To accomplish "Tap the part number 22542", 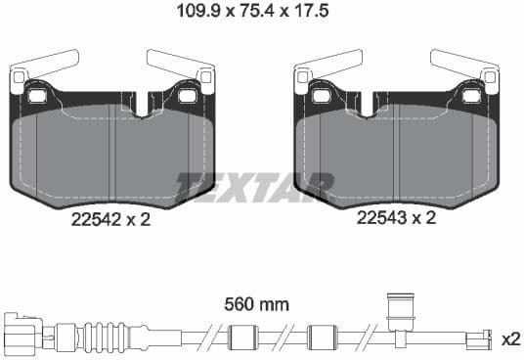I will point(98,220).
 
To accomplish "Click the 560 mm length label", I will point(258,304).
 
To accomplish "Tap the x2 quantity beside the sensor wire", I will point(509,339).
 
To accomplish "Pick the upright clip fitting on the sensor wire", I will point(398,313).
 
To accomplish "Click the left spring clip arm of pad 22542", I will point(44,66).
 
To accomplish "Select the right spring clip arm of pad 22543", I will point(464,66).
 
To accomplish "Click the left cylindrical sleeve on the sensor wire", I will point(240,339).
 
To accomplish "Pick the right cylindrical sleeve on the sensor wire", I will point(322,339).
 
